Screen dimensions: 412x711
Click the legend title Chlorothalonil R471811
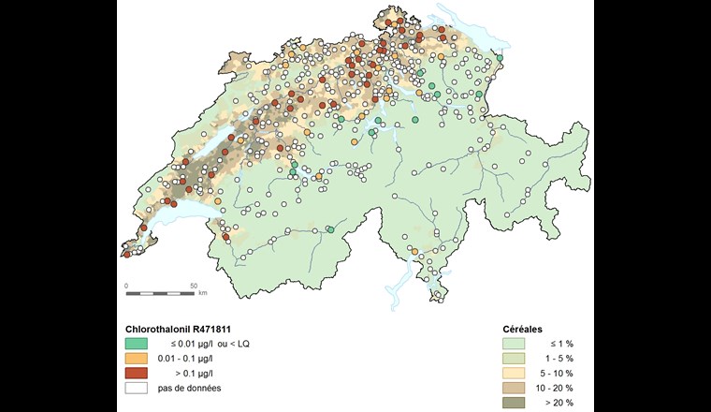coord(176,330)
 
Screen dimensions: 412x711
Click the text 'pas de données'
coord(191,389)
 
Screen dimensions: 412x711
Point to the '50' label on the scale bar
coord(194,285)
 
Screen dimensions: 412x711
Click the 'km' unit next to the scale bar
coord(202,294)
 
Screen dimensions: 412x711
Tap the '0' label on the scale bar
coord(126,285)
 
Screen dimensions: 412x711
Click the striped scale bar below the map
coord(160,293)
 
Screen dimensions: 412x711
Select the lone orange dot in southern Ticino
coord(414,252)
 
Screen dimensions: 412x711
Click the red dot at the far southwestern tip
coord(126,255)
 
